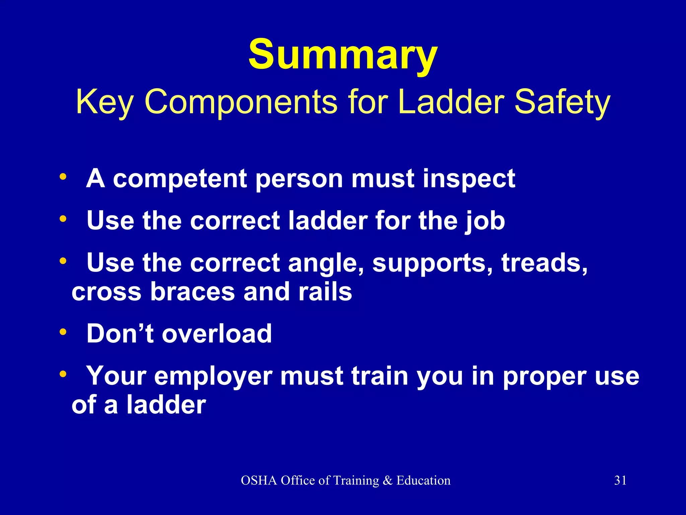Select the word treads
pyautogui.click(x=544, y=263)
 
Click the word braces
pyautogui.click(x=192, y=292)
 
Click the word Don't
pyautogui.click(x=120, y=334)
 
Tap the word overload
pyautogui.click(x=217, y=334)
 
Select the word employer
pyautogui.click(x=213, y=376)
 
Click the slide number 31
pyautogui.click(x=620, y=480)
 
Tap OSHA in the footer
pyautogui.click(x=259, y=480)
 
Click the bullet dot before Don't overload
pyautogui.click(x=63, y=333)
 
